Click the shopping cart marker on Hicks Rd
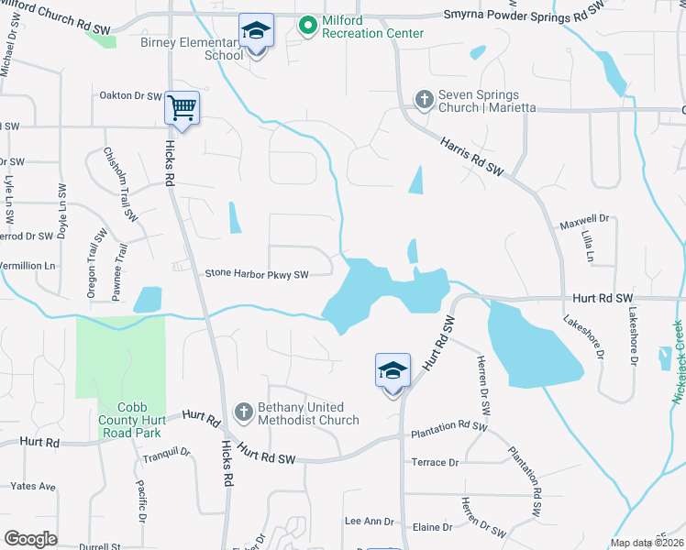pos(182,109)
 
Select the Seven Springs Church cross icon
pos(424,99)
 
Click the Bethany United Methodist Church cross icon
pos(244,412)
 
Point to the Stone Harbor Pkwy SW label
pos(256,273)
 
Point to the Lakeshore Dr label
pos(583,336)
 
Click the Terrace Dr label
pos(435,463)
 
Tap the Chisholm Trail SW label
pos(121,184)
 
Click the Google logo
pos(30,538)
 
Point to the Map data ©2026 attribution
pos(647,543)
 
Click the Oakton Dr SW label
pos(128,94)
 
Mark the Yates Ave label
pos(33,486)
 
